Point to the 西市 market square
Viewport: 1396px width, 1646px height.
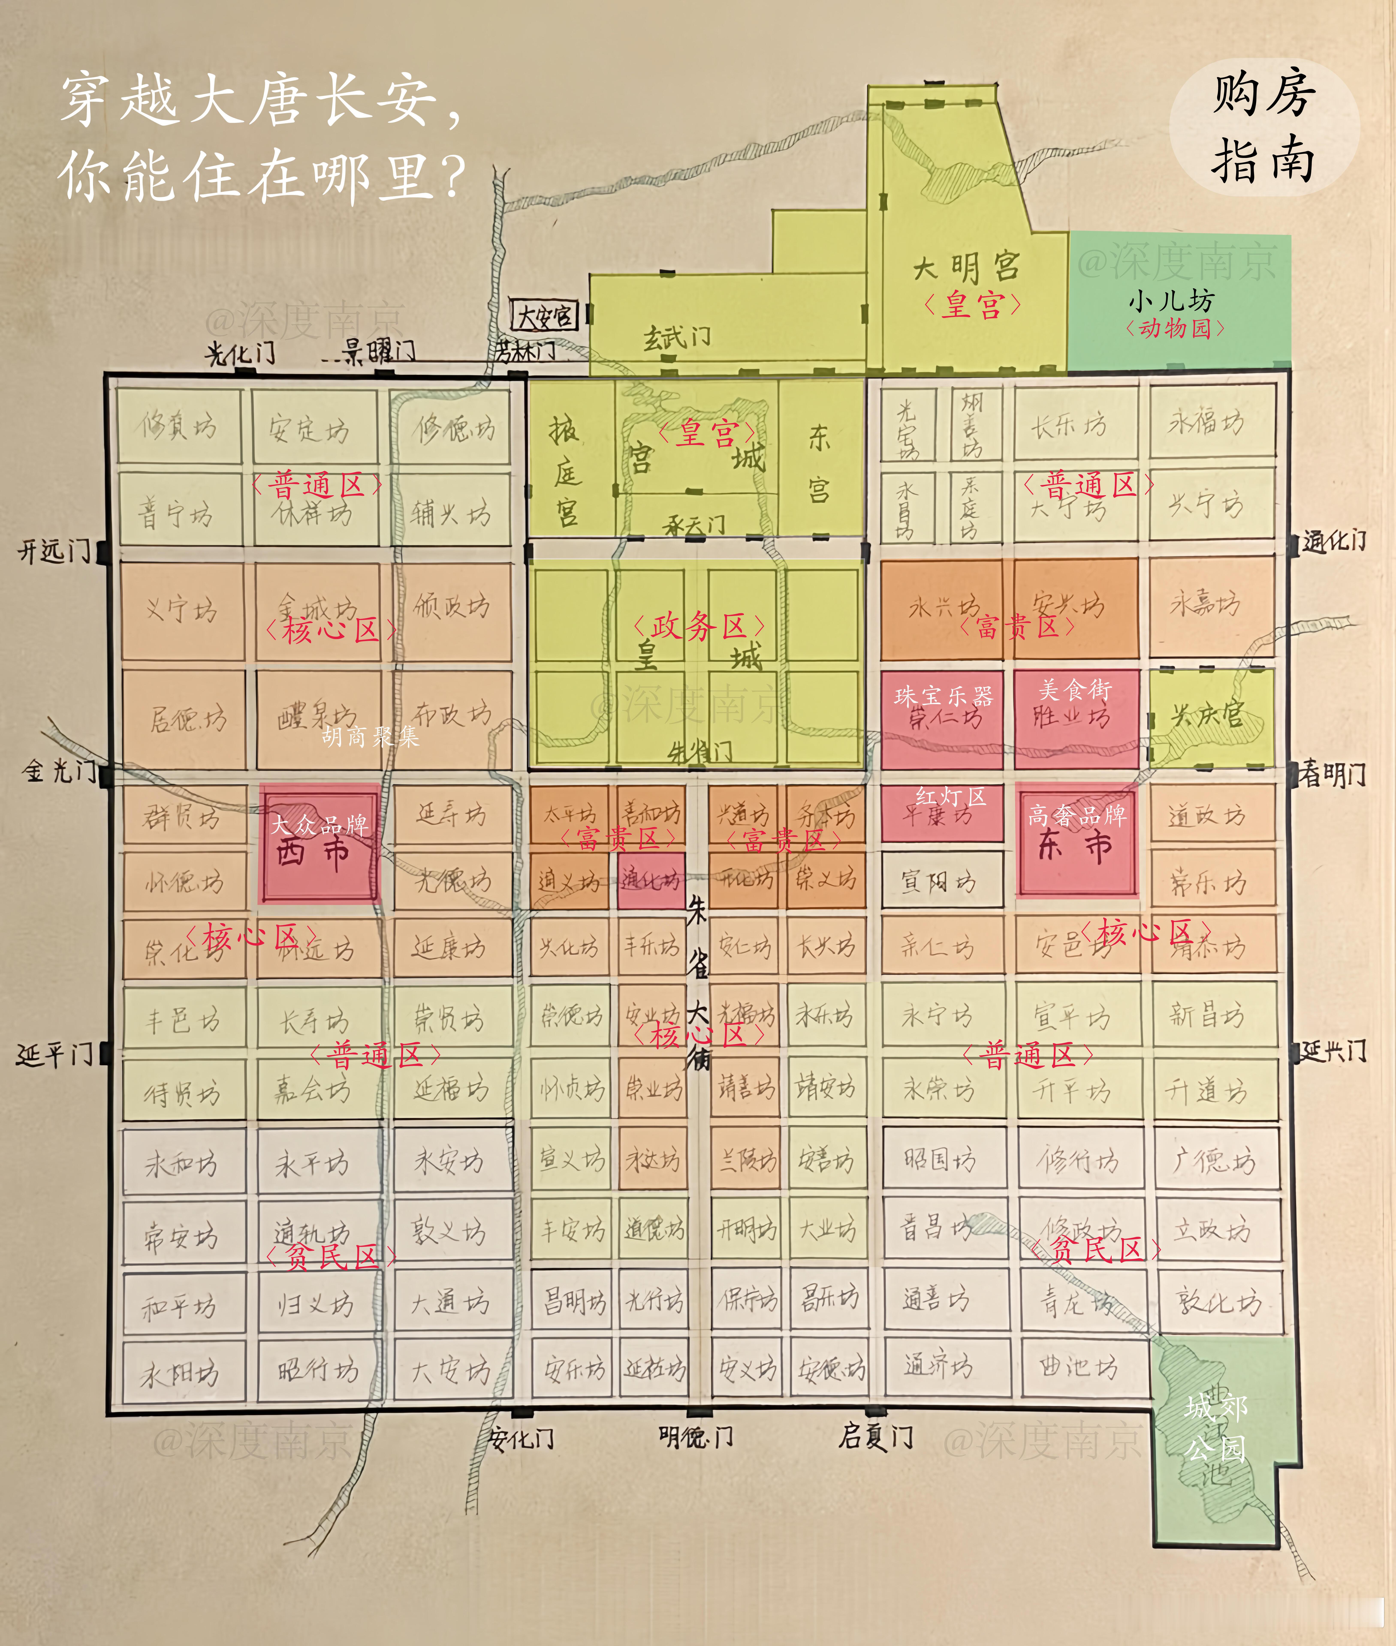pyautogui.click(x=319, y=845)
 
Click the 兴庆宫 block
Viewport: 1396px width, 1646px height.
pyautogui.click(x=1208, y=716)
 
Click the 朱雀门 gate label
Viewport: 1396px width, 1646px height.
pyautogui.click(x=700, y=751)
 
